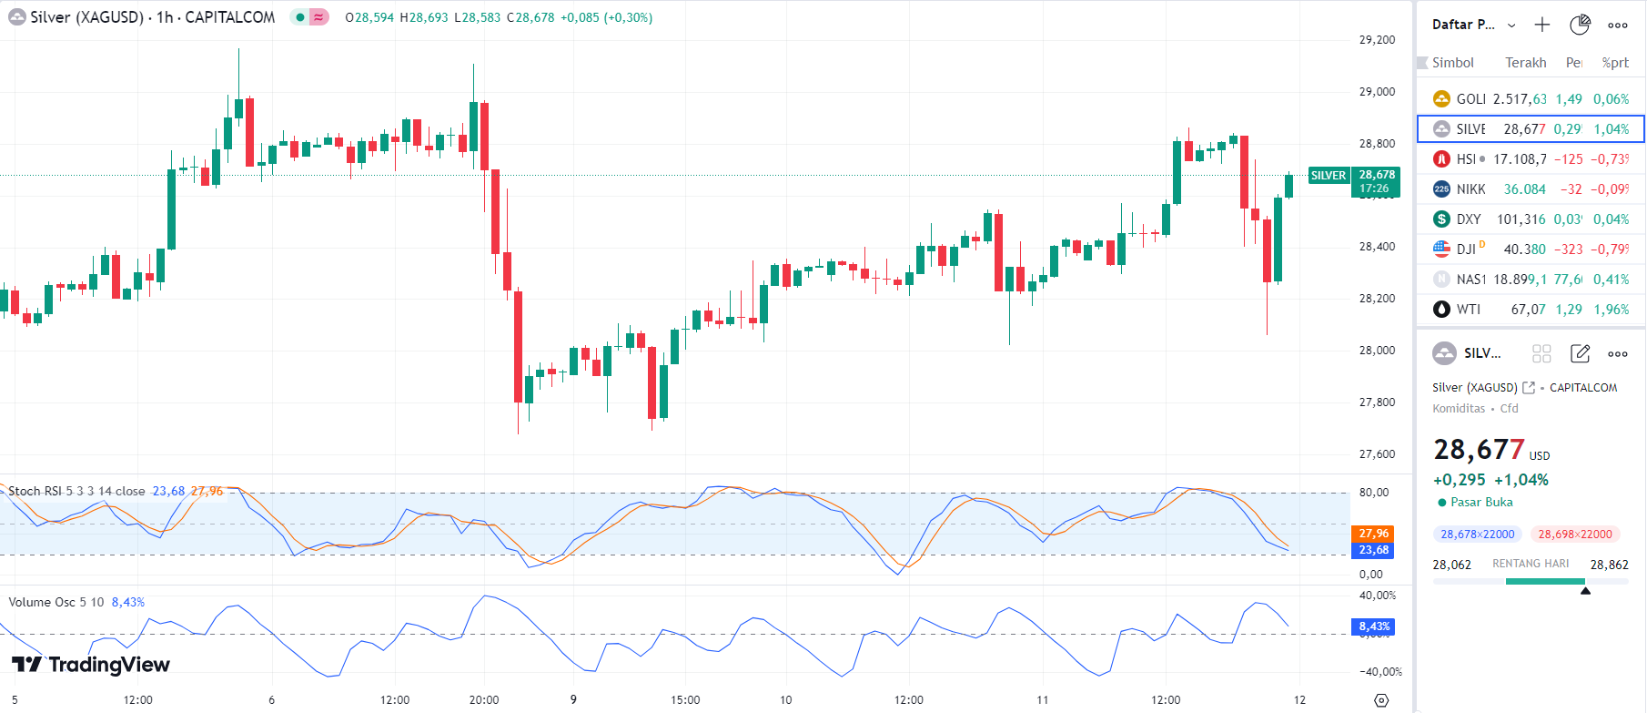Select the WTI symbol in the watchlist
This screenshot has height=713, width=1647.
[x=1468, y=310]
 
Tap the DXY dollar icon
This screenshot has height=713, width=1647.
[x=1441, y=219]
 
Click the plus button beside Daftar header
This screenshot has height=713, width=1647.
[x=1541, y=25]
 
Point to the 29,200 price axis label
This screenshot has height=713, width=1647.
[x=1377, y=40]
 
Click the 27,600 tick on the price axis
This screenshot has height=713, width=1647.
[x=1377, y=454]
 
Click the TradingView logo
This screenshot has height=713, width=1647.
[x=91, y=665]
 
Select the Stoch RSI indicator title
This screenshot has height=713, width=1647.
[x=76, y=492]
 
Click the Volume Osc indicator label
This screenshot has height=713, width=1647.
[x=56, y=603]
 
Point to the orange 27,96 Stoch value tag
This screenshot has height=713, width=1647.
[x=1373, y=534]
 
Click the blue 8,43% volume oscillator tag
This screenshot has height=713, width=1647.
[x=1373, y=626]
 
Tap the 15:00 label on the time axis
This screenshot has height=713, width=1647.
[x=685, y=700]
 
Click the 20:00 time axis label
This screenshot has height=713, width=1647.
[x=484, y=700]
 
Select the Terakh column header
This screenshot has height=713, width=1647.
[x=1525, y=63]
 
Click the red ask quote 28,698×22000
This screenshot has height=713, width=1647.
[x=1574, y=535]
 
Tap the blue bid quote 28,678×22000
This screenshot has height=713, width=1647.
[x=1477, y=535]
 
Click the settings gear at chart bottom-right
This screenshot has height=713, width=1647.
[x=1381, y=700]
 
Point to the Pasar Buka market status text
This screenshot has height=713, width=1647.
[x=1481, y=503]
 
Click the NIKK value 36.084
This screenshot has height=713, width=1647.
[x=1524, y=189]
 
